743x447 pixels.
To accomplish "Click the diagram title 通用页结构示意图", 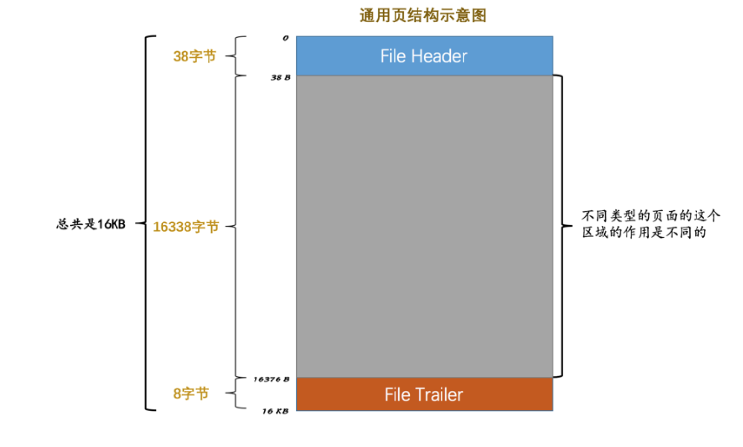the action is (x=423, y=15).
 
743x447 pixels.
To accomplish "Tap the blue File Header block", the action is (x=424, y=56).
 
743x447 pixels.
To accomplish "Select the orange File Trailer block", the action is (x=424, y=394).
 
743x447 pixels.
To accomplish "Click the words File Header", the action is (x=423, y=56).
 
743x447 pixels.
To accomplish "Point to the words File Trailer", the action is (x=423, y=394).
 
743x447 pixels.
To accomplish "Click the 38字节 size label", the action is (x=195, y=56).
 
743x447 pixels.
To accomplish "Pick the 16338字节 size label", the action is (x=186, y=226).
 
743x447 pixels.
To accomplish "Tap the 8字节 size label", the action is (x=191, y=393).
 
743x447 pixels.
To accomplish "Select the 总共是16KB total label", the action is (x=91, y=224).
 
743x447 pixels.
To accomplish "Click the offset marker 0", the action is (x=285, y=38).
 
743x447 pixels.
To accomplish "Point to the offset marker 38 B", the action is (x=280, y=78).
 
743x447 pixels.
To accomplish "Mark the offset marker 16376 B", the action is (x=271, y=379).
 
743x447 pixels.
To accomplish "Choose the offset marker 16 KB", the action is (x=275, y=411).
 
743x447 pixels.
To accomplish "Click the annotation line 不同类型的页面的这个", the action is (x=651, y=216).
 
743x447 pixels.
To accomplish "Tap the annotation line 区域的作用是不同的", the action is (x=644, y=232).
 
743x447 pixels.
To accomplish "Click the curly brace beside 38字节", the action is (x=235, y=56).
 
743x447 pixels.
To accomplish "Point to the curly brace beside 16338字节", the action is (x=235, y=226).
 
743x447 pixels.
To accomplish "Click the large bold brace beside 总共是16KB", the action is (x=146, y=223).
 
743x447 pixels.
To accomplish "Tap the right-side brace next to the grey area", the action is (x=562, y=226).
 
